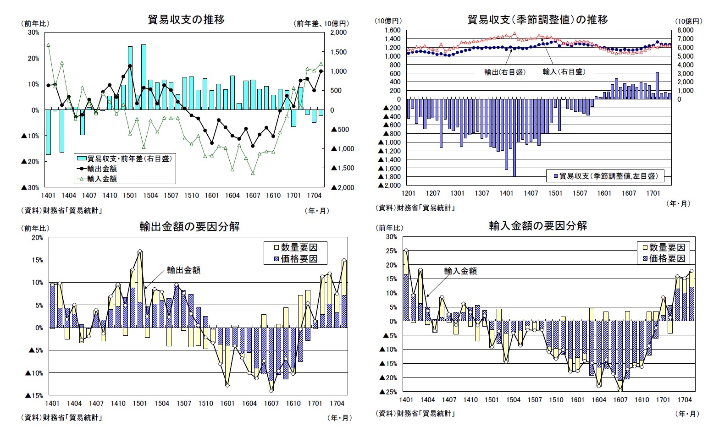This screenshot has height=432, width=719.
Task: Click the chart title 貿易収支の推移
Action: [186, 20]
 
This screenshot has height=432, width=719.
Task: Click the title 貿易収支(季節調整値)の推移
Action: [537, 20]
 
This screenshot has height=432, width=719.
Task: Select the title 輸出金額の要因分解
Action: [189, 227]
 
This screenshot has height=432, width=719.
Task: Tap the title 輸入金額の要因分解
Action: [538, 226]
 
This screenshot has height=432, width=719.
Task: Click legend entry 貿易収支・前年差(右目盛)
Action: [129, 159]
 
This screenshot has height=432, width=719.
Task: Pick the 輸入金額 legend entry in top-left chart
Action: [102, 179]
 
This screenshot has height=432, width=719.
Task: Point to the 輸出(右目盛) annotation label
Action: [505, 72]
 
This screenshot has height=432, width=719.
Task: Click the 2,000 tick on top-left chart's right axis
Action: [338, 33]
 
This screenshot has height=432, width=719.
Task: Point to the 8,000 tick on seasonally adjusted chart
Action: [685, 30]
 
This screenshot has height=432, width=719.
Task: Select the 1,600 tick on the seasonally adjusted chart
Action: [392, 30]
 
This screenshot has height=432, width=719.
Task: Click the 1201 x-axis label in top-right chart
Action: [408, 193]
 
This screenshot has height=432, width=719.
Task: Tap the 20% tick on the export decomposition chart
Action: [38, 237]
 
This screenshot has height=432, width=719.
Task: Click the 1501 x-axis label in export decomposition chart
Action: [140, 404]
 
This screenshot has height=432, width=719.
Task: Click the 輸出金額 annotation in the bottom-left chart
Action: [183, 270]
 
